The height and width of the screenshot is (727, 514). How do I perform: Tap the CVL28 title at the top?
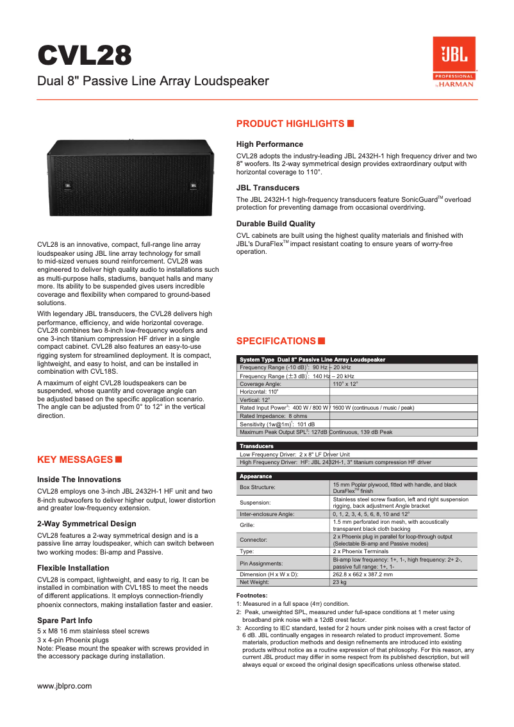[85, 56]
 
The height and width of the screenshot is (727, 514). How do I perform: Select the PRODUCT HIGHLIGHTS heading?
[290, 124]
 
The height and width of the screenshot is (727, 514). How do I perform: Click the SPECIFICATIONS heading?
[276, 341]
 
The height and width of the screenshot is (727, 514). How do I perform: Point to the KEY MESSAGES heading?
[75, 460]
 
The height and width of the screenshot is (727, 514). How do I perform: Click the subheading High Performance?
[270, 144]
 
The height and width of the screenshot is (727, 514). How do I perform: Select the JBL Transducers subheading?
[268, 188]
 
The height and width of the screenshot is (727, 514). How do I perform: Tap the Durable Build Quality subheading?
[276, 224]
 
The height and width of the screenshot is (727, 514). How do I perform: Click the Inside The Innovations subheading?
[79, 480]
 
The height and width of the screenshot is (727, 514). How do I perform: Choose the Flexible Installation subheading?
[73, 568]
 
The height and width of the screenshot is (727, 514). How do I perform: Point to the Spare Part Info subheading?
[65, 621]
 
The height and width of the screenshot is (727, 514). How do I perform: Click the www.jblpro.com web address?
[65, 686]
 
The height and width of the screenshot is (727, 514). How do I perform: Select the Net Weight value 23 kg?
[340, 583]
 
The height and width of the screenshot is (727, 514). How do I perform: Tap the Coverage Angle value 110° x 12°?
[345, 383]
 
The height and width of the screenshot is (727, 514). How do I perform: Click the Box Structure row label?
[257, 487]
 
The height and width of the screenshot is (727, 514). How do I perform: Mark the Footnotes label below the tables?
[252, 596]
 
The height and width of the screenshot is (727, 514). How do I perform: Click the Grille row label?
[247, 525]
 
